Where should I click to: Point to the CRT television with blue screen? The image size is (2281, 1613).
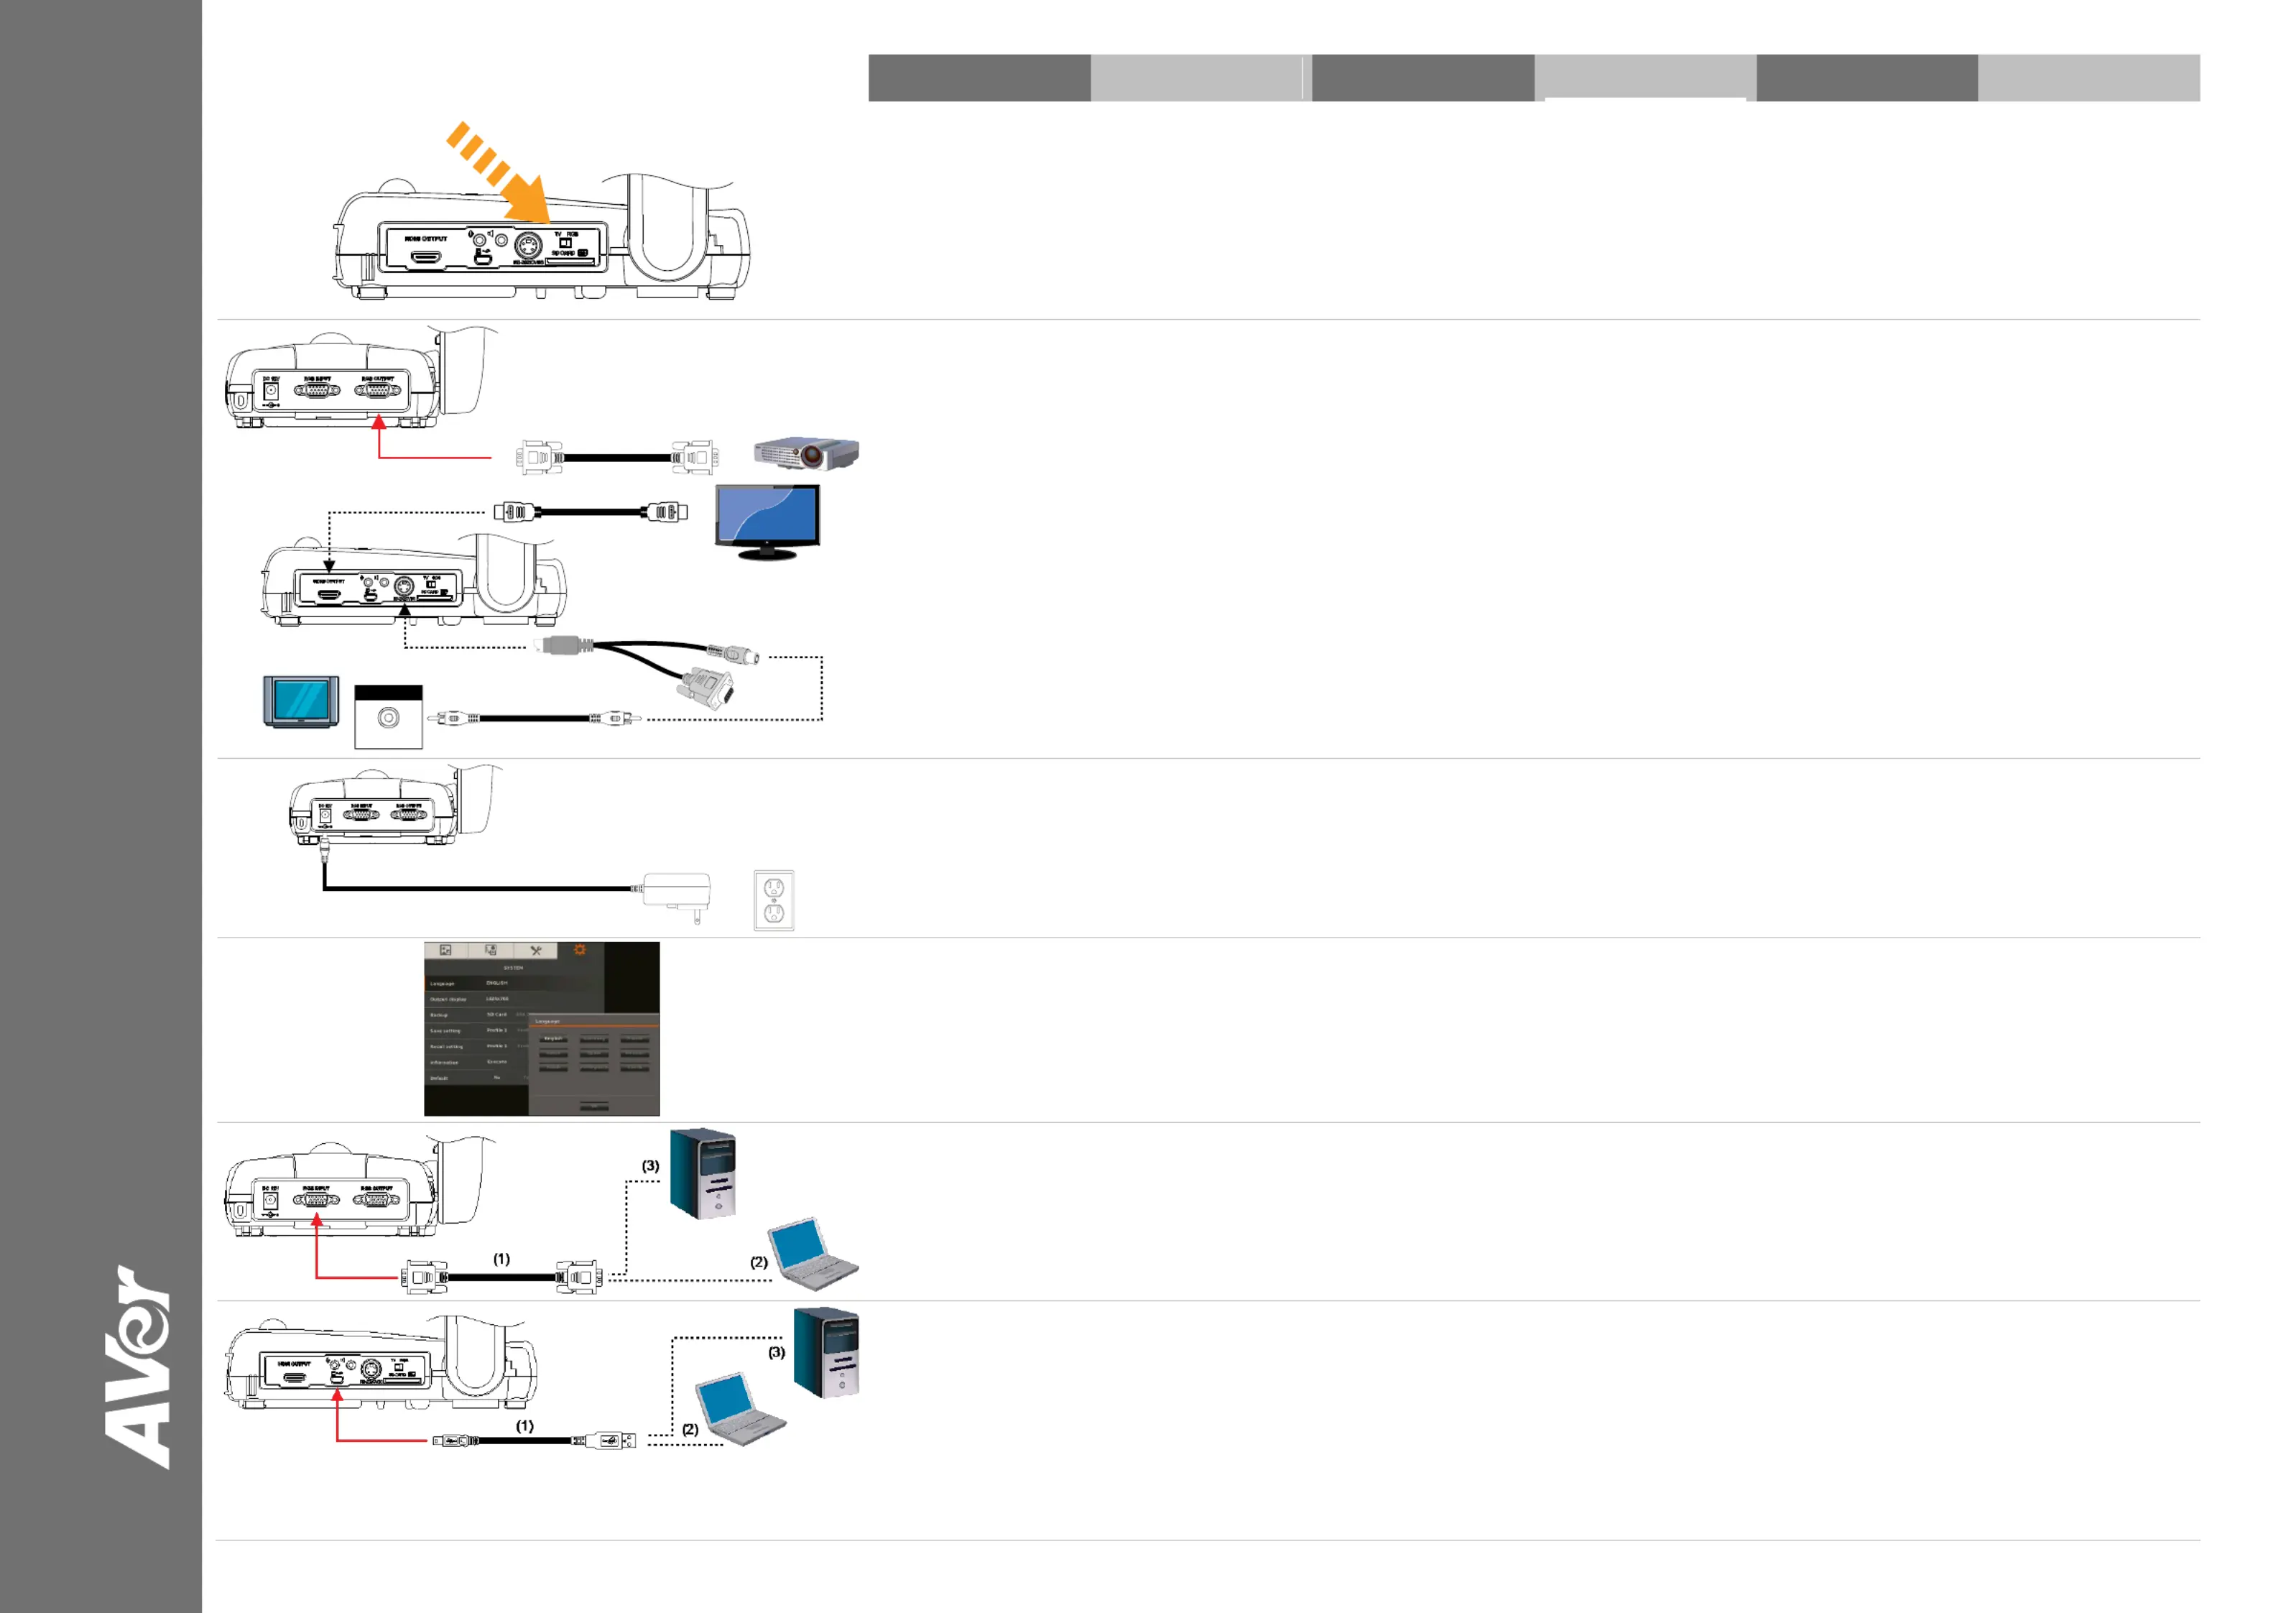[x=301, y=702]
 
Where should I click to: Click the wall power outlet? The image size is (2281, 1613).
[x=774, y=900]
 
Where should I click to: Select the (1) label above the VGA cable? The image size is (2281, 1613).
[x=501, y=1258]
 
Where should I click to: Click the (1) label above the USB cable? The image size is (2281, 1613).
[x=524, y=1425]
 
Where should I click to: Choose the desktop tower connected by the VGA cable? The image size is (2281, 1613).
[x=703, y=1173]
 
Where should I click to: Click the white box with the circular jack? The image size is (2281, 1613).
[x=389, y=716]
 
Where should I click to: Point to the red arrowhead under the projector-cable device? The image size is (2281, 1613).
[x=379, y=422]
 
